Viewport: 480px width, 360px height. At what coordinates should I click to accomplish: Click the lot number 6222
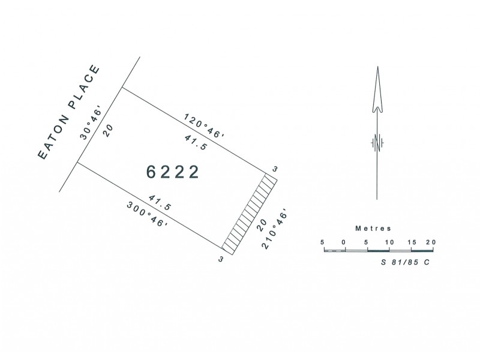[173, 172]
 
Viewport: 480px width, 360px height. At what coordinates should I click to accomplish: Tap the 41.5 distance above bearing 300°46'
[159, 202]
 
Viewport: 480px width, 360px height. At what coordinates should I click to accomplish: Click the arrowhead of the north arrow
[377, 90]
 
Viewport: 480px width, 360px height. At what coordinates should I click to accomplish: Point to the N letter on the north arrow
[377, 142]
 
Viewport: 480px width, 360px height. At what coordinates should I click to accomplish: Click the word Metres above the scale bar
[373, 229]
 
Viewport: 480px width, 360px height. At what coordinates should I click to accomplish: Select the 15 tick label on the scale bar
[412, 242]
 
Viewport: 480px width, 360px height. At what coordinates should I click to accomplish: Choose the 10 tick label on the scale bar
[389, 242]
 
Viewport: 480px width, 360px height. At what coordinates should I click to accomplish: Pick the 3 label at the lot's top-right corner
[274, 169]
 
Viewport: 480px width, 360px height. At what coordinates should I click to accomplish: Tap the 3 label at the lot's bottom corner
[221, 259]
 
